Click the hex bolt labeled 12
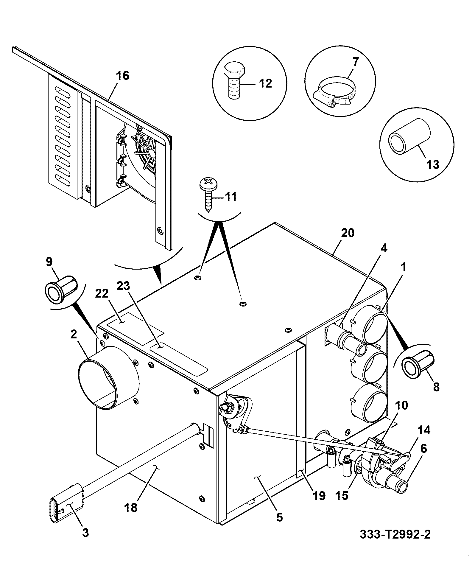(x=234, y=80)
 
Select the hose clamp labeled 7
(x=334, y=92)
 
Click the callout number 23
(x=123, y=286)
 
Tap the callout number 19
(x=318, y=496)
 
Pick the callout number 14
(x=424, y=430)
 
